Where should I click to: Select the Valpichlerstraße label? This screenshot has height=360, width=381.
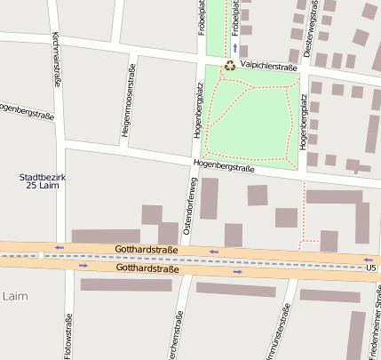(x=268, y=66)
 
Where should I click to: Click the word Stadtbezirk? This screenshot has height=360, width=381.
(x=43, y=177)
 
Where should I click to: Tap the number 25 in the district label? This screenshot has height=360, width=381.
(x=31, y=186)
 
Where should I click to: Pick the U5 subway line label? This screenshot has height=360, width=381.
(x=369, y=267)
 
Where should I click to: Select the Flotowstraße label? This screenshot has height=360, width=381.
(x=68, y=339)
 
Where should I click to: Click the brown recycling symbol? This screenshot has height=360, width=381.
(x=229, y=65)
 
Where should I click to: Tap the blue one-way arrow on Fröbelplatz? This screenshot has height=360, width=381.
(x=234, y=47)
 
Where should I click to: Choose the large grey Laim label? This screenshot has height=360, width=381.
(x=15, y=294)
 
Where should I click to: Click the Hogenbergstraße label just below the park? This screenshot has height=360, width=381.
(x=224, y=165)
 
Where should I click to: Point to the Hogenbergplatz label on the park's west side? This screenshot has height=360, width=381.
(x=197, y=122)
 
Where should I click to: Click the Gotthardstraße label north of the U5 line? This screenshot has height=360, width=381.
(x=147, y=250)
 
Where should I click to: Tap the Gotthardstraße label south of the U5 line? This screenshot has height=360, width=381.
(x=147, y=268)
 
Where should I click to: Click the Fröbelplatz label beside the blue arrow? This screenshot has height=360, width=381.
(x=236, y=17)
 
